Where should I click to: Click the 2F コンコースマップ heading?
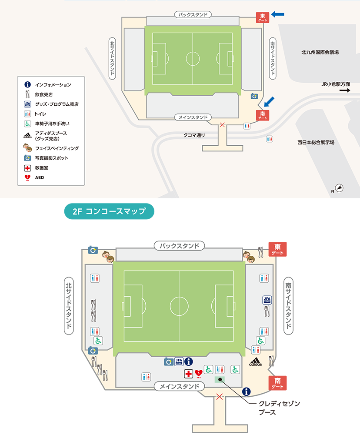[109, 211]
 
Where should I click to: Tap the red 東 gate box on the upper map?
[262, 17]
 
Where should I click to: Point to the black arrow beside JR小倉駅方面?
[345, 90]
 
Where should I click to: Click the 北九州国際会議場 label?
[320, 52]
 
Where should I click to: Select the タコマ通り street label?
[194, 135]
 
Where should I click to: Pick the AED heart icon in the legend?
[27, 177]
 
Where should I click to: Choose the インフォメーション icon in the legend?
[27, 84]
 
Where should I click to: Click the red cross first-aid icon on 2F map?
[189, 374]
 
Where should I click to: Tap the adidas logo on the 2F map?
[255, 362]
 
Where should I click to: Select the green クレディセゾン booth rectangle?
[220, 380]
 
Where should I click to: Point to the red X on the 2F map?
[220, 396]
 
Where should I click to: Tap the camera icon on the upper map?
[254, 96]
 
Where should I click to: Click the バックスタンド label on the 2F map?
[179, 246]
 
